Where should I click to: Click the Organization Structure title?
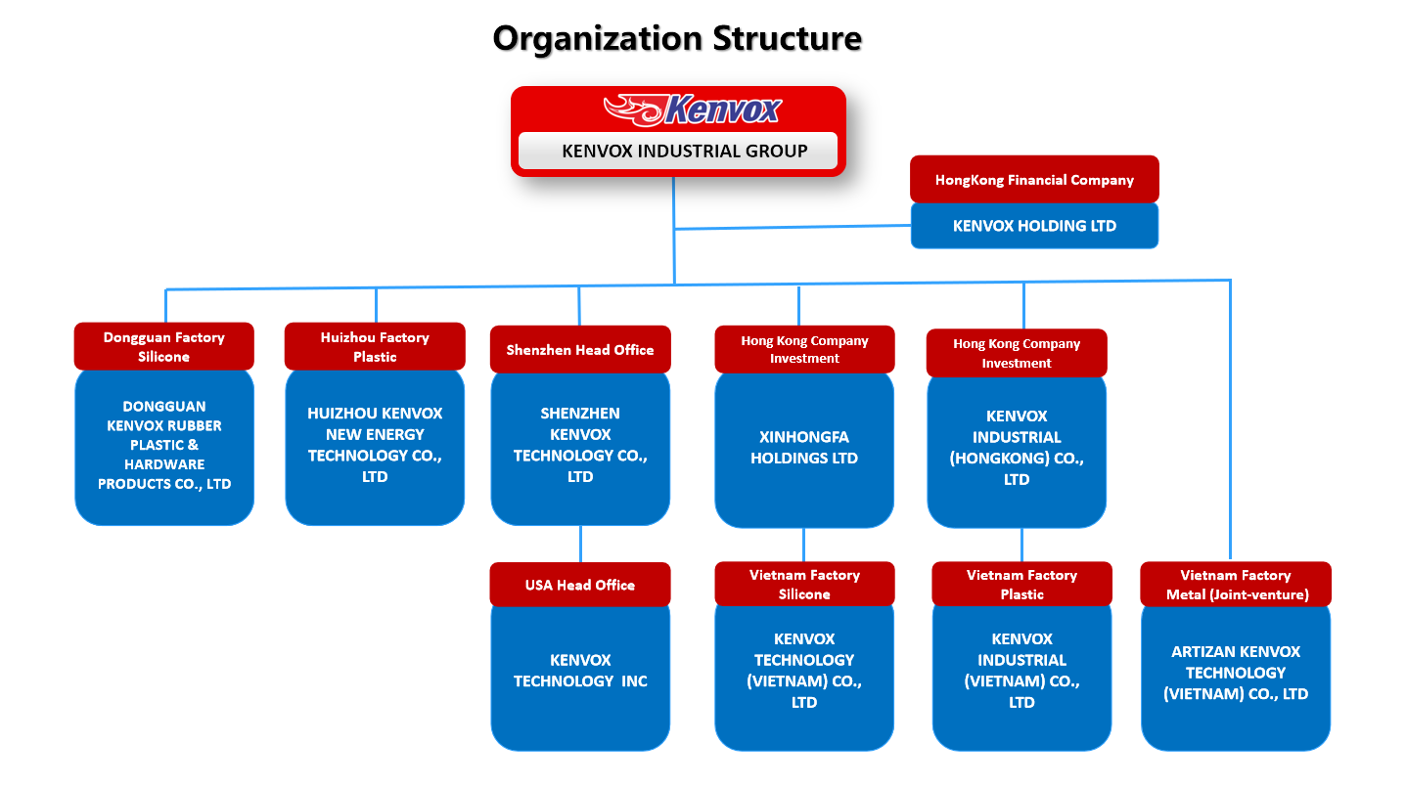coord(677,39)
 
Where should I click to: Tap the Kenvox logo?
coord(693,110)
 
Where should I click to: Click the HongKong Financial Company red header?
coord(1034,180)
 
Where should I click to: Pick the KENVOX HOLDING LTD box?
coord(1034,226)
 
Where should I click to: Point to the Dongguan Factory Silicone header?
coord(163,347)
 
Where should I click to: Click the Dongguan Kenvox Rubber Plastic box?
coord(164,447)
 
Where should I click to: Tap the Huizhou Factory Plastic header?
coord(375,347)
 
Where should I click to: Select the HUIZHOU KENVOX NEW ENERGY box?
coord(375,447)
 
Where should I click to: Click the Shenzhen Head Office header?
coord(580,349)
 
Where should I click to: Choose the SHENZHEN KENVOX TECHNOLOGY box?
coord(580,449)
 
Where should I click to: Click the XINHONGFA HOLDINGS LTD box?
coord(804,450)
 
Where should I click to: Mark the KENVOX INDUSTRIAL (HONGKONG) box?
coord(1017,452)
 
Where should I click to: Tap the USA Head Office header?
coord(580,585)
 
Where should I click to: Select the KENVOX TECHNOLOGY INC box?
coord(580,678)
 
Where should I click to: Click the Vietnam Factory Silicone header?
coord(804,584)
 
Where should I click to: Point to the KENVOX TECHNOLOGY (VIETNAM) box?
coord(804,678)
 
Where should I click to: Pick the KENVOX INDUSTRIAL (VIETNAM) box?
coord(1021,678)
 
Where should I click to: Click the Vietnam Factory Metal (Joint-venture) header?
coord(1236,584)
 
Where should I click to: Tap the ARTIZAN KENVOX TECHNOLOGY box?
coord(1236,678)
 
